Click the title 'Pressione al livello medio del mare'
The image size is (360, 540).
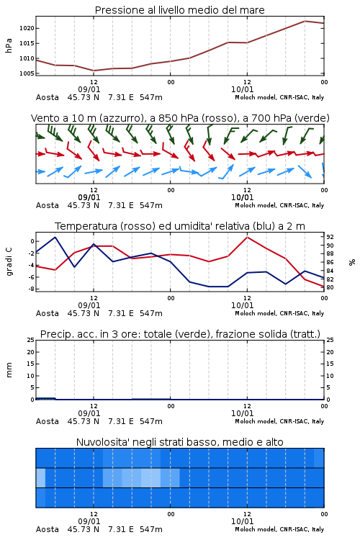[179, 10]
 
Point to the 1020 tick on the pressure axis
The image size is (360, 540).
[27, 28]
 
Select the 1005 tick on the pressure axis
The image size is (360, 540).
[27, 73]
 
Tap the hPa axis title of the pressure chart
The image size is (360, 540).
[9, 45]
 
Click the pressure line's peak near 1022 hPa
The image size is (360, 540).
[305, 21]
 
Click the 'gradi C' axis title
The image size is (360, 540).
[9, 262]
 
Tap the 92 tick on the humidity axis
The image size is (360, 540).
[330, 237]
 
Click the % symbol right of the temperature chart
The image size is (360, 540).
[352, 262]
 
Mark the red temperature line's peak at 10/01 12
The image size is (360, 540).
[247, 237]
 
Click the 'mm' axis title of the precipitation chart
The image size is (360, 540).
[9, 370]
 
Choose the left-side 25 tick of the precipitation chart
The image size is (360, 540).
[31, 340]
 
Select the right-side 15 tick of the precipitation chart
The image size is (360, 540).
[330, 364]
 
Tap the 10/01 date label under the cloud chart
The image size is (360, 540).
[242, 521]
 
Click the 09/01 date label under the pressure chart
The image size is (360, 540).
[89, 89]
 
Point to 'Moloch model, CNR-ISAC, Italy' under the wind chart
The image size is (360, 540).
[279, 205]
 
